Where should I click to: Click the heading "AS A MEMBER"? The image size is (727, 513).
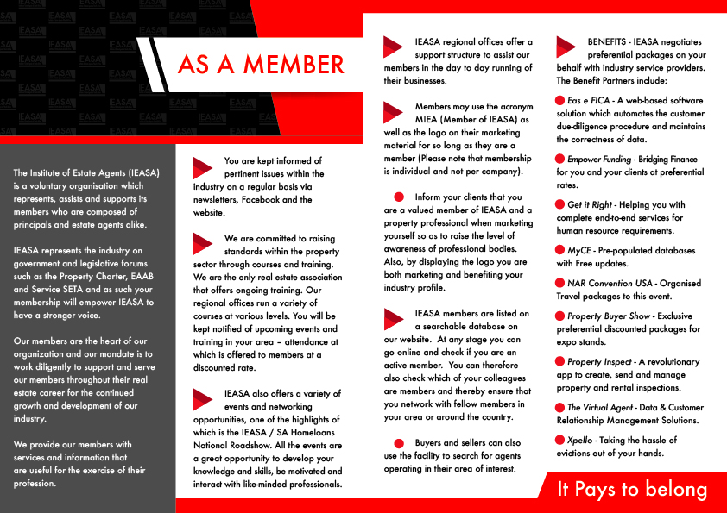(261, 65)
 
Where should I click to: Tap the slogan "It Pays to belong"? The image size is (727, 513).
(632, 489)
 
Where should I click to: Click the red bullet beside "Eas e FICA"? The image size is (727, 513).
(560, 101)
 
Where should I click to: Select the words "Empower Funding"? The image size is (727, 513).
(598, 160)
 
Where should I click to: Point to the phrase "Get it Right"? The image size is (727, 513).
(590, 205)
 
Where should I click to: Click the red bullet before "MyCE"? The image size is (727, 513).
(560, 251)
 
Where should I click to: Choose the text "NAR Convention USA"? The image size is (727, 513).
(610, 284)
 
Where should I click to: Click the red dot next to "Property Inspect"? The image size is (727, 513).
(560, 362)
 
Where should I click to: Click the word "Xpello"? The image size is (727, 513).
(580, 441)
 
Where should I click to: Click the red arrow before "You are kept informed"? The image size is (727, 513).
(203, 167)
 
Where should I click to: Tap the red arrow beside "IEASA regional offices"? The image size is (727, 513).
(393, 47)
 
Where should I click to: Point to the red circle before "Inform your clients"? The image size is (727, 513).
(398, 197)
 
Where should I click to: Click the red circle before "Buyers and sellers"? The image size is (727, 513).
(398, 443)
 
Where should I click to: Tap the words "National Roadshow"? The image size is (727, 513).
(232, 433)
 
